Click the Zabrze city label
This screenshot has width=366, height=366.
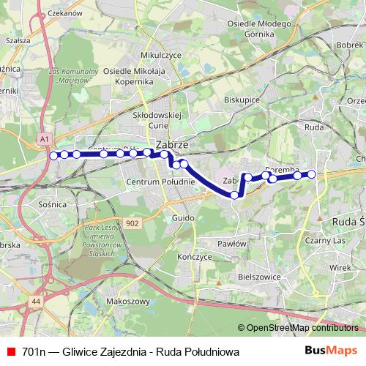(173, 145)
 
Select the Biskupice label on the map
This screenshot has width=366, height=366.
(242, 99)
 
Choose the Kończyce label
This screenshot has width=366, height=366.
(195, 257)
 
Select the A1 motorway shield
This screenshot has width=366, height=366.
(45, 138)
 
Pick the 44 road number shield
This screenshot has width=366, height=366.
(36, 302)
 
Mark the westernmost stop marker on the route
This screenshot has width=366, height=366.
(53, 155)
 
